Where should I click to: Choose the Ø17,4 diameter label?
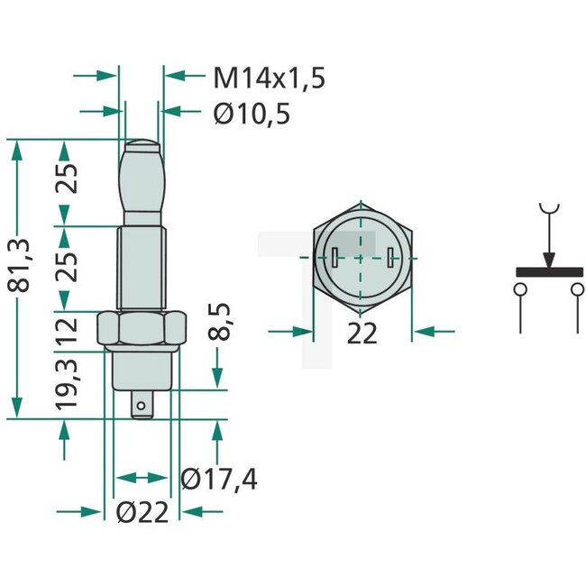point(219,480)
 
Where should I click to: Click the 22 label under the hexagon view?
point(362,333)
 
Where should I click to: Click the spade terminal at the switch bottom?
point(142,407)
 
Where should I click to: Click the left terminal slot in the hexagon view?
point(334,257)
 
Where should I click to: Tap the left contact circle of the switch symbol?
point(521,289)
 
